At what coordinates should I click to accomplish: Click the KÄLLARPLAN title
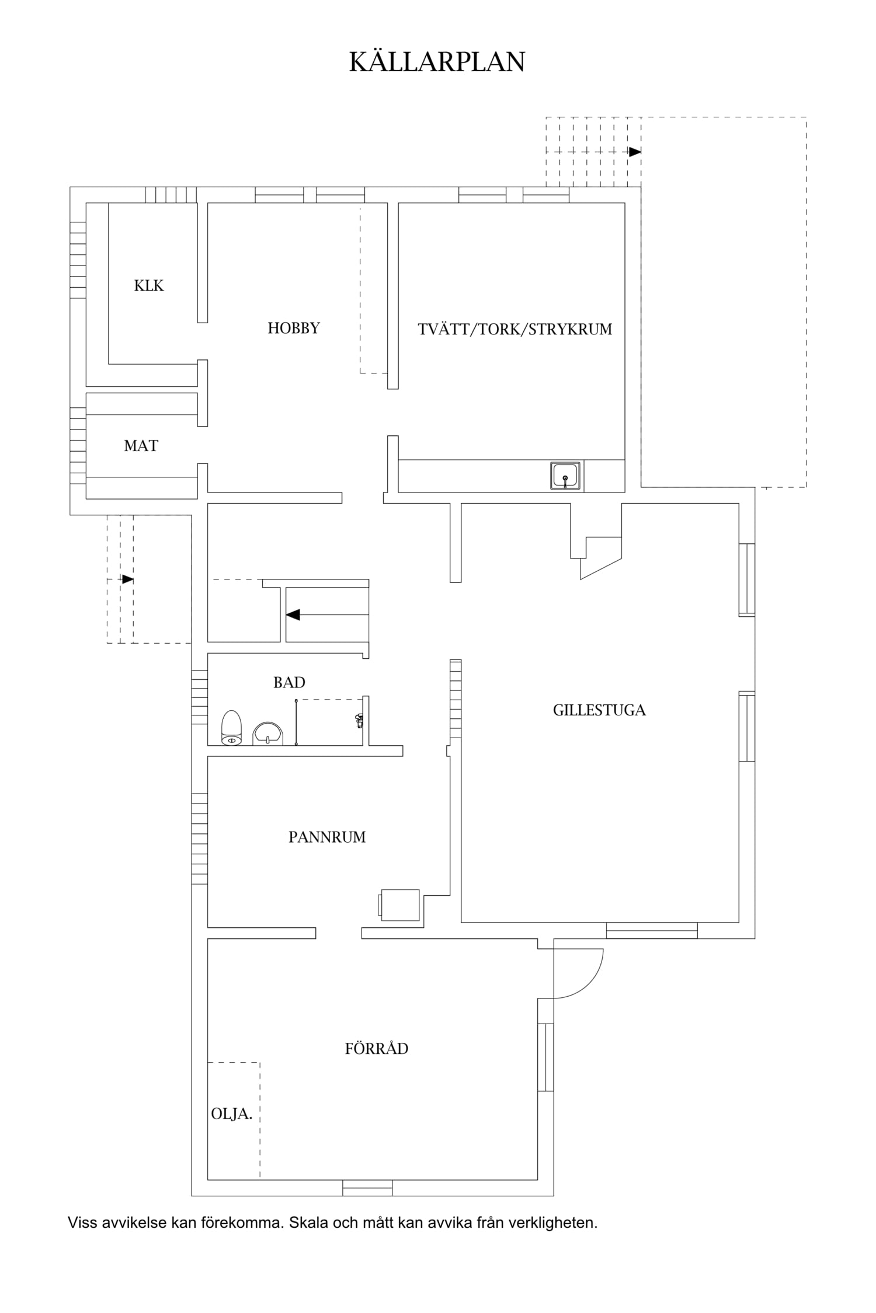pos(437,61)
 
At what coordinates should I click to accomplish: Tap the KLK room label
pos(149,285)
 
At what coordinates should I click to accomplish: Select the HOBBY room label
pos(294,328)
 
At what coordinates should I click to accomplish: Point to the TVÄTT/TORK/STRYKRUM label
pos(515,329)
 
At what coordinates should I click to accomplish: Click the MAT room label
pos(141,446)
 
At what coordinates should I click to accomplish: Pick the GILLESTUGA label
pos(599,710)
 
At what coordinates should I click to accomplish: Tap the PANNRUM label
pos(327,837)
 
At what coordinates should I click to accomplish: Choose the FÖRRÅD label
pos(377,1049)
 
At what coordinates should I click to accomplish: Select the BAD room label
pos(289,682)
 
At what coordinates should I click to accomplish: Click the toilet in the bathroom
pos(231,728)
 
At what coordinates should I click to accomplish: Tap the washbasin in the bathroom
pos(267,733)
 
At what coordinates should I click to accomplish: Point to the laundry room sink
pos(565,475)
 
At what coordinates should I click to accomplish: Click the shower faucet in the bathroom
pos(359,721)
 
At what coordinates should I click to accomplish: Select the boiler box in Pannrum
pos(399,905)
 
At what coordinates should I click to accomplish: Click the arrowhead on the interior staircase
pos(293,614)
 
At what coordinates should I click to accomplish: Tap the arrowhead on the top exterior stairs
pos(635,152)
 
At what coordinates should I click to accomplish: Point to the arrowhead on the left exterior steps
pos(127,579)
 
